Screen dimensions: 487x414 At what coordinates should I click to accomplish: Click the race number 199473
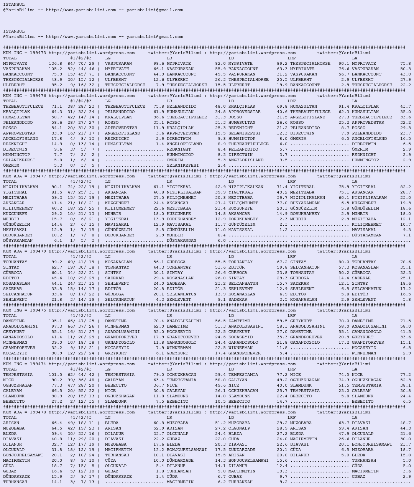[38, 53]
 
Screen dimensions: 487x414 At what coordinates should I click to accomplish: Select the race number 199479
[38, 251]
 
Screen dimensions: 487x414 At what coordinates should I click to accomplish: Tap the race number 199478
[38, 412]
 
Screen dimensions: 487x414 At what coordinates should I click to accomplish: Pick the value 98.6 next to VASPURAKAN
[159, 64]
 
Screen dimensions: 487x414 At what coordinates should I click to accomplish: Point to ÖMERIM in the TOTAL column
[11, 166]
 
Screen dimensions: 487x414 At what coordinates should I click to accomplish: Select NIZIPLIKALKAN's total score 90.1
[57, 187]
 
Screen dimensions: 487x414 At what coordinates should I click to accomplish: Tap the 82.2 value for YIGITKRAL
[406, 187]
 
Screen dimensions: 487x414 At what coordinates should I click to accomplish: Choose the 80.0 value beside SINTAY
[344, 262]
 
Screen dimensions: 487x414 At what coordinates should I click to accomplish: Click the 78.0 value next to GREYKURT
[344, 321]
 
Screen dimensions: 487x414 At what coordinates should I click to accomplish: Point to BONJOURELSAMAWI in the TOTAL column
[23, 455]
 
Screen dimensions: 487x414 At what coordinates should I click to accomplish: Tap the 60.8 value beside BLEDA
[159, 423]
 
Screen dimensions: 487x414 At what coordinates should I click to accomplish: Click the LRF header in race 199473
[291, 58]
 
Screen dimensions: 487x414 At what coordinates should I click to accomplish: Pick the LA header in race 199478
[355, 418]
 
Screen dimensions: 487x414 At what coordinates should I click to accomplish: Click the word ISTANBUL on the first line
[14, 5]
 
